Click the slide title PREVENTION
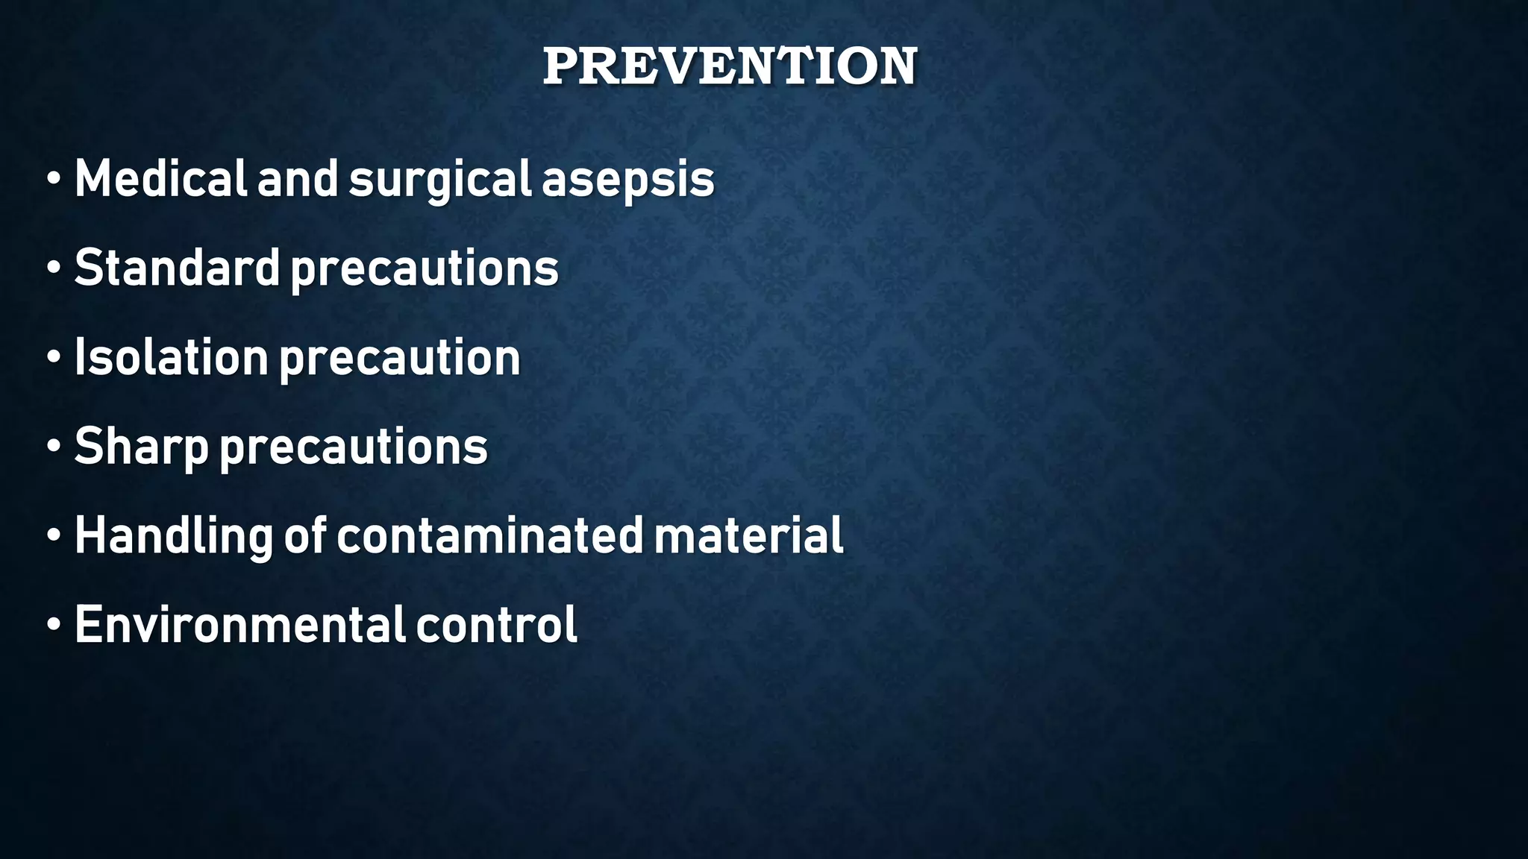[730, 66]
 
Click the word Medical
[160, 179]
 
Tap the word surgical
[439, 180]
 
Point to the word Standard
[177, 268]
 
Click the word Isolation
[171, 357]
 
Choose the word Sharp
[141, 447]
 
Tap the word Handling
[173, 536]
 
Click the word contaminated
[489, 535]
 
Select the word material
[748, 535]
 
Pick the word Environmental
[239, 624]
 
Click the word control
[496, 624]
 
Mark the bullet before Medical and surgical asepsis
[53, 180]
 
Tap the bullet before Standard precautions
[53, 269]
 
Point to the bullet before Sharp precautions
[53, 447]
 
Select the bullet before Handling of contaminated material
[53, 537]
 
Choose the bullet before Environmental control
[53, 626]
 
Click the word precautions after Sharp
[353, 447]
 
